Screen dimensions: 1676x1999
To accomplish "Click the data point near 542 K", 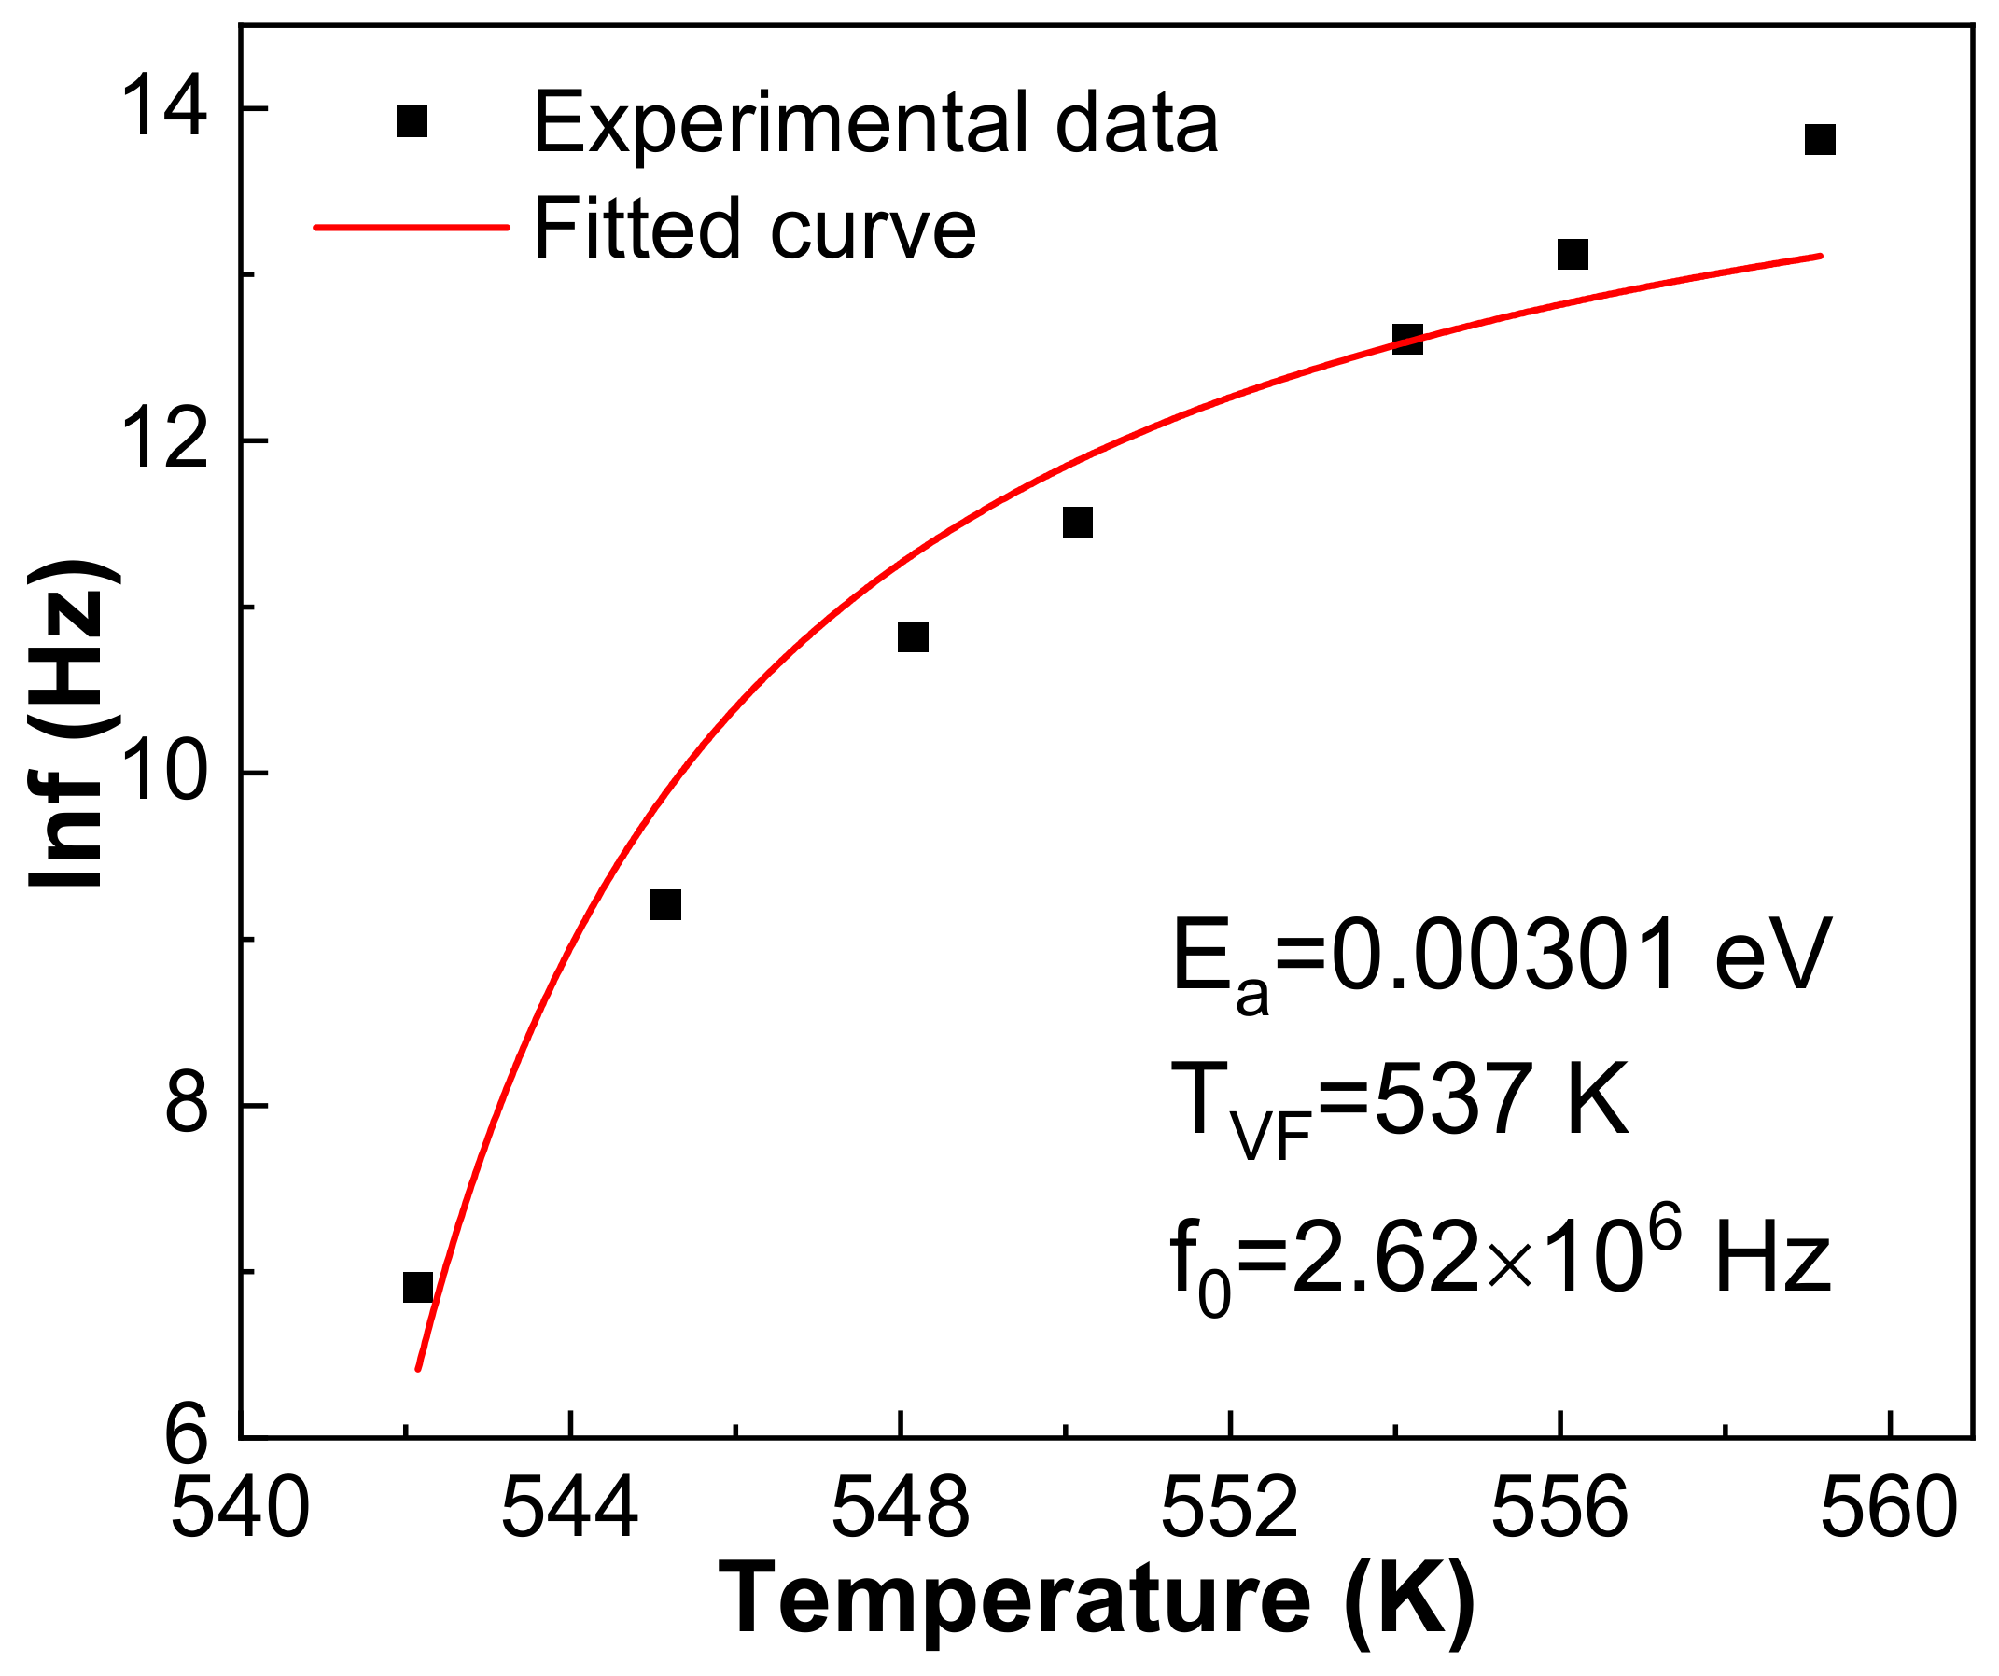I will [418, 1288].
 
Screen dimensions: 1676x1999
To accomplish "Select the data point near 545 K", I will [665, 904].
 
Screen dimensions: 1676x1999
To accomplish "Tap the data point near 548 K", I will [913, 636].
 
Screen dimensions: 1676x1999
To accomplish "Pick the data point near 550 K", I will [1078, 523].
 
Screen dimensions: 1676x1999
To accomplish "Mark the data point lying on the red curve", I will [1408, 339].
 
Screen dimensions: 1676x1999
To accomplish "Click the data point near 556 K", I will [1573, 254].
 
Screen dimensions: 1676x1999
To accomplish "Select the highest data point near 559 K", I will [1820, 140].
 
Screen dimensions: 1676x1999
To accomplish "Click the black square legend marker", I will [412, 122].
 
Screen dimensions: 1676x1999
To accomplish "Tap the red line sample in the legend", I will [412, 229].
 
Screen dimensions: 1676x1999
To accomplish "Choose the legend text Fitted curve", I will [755, 229].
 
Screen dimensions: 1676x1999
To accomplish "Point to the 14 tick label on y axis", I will [164, 110].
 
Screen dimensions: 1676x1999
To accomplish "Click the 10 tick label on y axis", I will [164, 773].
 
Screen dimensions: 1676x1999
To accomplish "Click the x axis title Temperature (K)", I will [1095, 1601].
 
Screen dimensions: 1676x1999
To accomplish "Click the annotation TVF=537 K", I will [1399, 1104].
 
